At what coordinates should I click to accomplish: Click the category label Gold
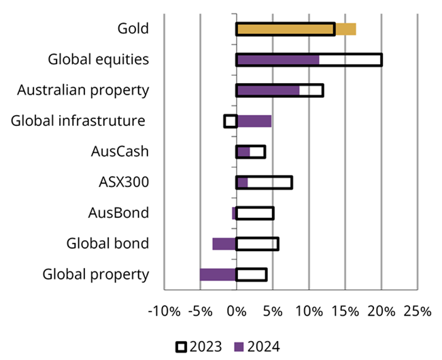133,28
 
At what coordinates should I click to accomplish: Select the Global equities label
98,59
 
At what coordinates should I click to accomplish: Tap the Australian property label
83,90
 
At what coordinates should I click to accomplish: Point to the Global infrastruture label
78,120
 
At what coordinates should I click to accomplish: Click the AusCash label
120,151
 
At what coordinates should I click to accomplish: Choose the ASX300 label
124,182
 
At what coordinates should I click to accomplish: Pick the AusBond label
118,212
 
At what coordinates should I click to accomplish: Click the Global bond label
107,243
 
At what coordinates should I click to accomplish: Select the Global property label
95,274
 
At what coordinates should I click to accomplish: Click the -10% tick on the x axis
164,311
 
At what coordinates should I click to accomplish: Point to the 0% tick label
237,311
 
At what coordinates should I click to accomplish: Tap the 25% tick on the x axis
417,311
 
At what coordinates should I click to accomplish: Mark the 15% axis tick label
345,311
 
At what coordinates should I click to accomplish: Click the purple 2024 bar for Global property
218,274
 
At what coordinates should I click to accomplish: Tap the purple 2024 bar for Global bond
224,244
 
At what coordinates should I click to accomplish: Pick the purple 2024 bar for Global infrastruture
254,121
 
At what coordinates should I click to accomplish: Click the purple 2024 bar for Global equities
277,60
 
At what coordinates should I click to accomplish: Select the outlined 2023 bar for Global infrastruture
231,121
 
